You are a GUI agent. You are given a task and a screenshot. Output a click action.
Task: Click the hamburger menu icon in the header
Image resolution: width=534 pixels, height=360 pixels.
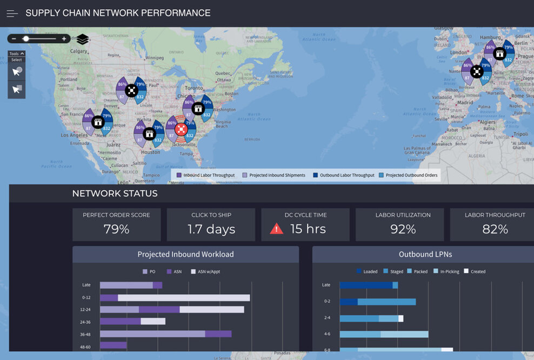click(12, 14)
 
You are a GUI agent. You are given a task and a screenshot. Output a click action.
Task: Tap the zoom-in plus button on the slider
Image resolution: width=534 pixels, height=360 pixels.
click(64, 38)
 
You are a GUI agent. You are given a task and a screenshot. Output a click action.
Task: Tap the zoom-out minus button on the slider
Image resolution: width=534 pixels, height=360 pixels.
click(14, 38)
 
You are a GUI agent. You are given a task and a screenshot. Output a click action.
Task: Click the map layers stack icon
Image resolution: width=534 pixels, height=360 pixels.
click(82, 39)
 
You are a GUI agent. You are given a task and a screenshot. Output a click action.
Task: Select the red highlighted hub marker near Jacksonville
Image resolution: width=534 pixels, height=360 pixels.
click(181, 130)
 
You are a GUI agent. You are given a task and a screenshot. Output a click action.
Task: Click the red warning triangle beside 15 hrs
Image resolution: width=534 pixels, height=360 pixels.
click(276, 229)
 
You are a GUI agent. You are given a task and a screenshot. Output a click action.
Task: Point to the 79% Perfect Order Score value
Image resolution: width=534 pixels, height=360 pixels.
click(116, 229)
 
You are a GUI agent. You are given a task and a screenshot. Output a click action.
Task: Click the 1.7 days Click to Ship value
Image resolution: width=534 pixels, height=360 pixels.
click(211, 229)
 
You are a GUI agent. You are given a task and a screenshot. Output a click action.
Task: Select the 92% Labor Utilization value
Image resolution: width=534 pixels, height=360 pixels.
click(403, 229)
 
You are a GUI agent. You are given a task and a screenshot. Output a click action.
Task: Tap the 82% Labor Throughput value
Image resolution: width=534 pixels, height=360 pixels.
click(495, 229)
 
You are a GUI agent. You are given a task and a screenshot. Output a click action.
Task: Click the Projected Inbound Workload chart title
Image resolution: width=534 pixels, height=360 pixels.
click(185, 255)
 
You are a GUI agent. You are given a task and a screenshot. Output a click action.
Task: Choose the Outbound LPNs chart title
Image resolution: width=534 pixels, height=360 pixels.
click(425, 255)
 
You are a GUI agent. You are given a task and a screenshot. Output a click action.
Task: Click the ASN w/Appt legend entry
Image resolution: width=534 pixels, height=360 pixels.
click(206, 271)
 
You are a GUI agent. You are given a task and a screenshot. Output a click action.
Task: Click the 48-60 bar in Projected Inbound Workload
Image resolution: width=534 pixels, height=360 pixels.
click(113, 345)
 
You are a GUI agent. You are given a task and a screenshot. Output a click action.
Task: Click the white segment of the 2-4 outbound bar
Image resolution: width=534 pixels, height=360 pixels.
click(401, 318)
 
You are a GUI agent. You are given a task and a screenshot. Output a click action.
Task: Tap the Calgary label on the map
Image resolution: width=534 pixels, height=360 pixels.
click(79, 51)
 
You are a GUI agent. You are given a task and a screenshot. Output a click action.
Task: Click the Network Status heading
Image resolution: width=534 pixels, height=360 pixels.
click(115, 194)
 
